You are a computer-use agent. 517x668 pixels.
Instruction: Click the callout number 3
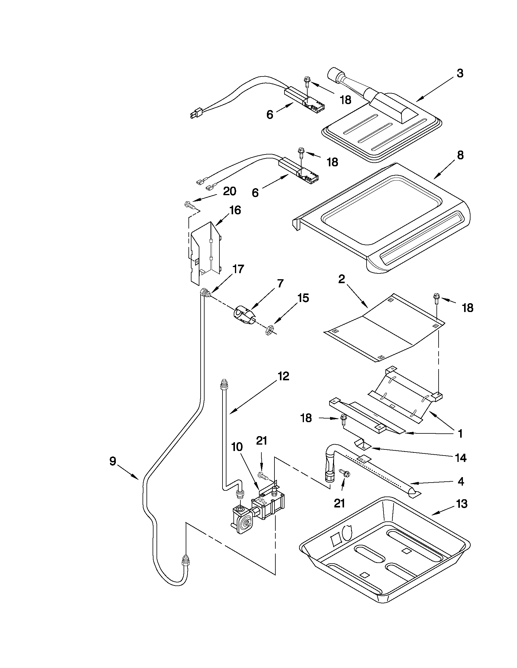pos(460,74)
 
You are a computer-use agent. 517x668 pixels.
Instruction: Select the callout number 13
pos(462,504)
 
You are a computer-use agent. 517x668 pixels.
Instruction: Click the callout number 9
pos(113,461)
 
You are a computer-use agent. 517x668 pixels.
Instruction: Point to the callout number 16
pos(235,211)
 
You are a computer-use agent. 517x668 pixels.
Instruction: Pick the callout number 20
pos(230,192)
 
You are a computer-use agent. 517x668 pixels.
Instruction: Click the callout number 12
pos(283,377)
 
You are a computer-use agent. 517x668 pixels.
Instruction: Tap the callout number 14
pos(461,458)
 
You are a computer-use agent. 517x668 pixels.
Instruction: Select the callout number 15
pos(303,298)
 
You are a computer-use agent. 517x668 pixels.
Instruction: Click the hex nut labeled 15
pos(268,330)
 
